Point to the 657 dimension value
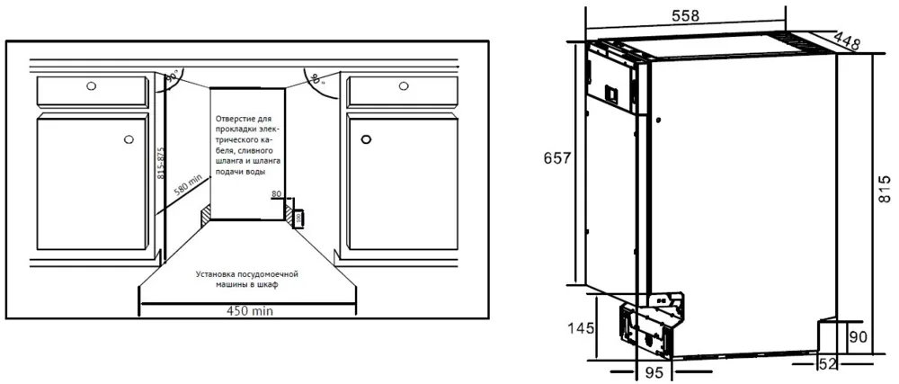click(555, 158)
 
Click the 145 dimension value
click(582, 328)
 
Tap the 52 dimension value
click(828, 364)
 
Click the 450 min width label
click(249, 310)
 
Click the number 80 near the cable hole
click(276, 194)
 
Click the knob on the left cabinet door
click(129, 139)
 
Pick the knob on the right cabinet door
click(366, 139)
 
